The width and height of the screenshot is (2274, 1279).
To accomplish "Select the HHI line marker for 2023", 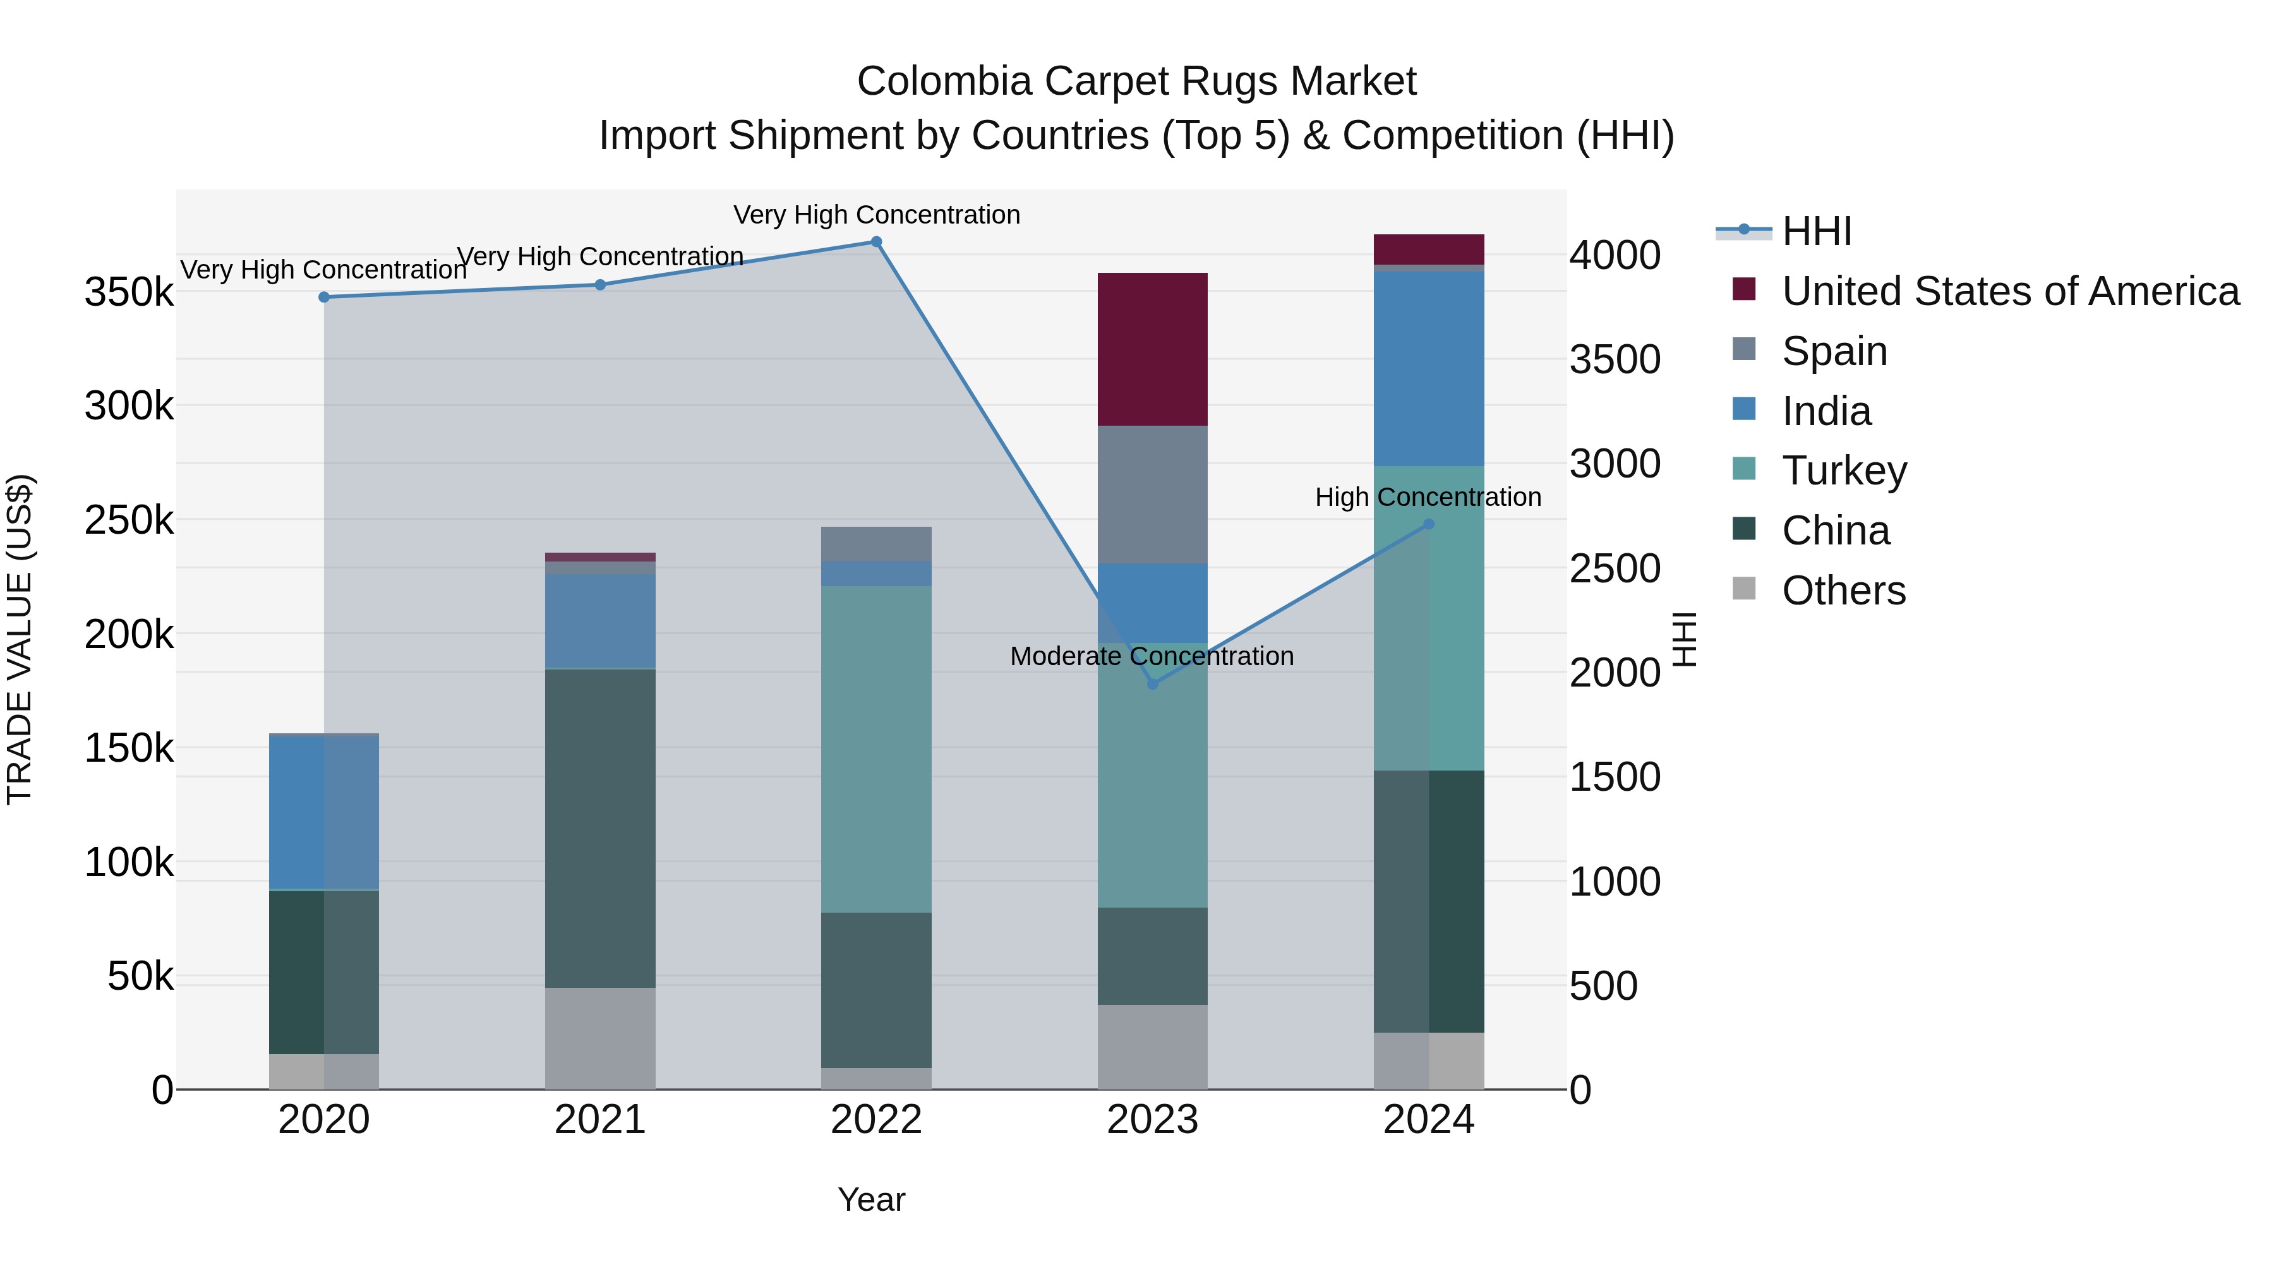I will [x=1152, y=684].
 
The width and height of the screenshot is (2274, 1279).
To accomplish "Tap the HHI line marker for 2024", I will [x=1429, y=524].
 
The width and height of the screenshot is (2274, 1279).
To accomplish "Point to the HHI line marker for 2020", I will [x=324, y=297].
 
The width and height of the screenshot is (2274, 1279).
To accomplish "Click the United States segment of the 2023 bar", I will [x=1152, y=349].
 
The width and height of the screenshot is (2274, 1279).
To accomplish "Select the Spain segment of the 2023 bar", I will [x=1152, y=495].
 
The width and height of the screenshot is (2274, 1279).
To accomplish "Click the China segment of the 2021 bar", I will [x=600, y=828].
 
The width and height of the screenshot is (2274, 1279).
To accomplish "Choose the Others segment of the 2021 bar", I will [x=600, y=1038].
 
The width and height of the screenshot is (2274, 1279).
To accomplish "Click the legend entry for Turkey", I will [x=1843, y=471].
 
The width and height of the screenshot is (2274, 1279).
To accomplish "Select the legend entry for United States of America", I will [x=2009, y=291].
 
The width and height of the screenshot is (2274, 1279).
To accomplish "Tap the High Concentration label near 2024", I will [x=1428, y=498].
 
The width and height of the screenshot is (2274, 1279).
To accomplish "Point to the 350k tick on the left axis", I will [x=129, y=292].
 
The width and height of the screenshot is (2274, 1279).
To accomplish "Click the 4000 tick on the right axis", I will [x=1615, y=256].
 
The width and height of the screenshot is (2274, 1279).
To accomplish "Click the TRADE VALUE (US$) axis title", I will [x=20, y=639].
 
